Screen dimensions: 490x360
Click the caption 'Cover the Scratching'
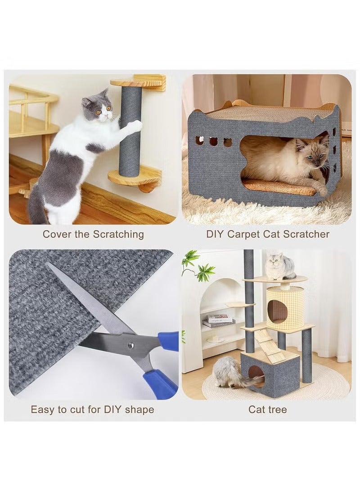[x=93, y=234]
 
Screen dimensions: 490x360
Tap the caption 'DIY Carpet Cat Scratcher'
[x=268, y=234]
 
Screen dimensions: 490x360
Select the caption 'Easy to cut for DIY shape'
[x=92, y=410]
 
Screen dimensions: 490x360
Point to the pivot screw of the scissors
[x=131, y=345]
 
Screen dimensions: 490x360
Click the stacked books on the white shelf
[x=219, y=321]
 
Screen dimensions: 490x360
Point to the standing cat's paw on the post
[x=130, y=127]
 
